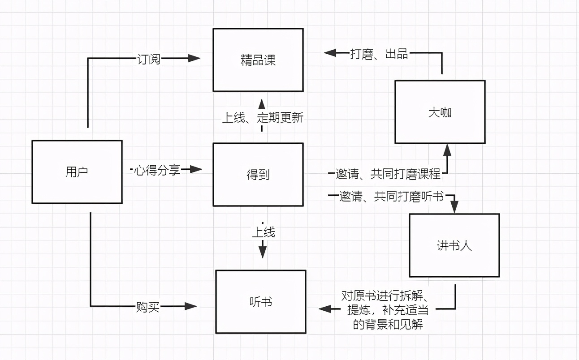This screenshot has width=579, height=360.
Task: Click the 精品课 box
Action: [258, 60]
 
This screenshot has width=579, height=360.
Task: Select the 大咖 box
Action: [440, 112]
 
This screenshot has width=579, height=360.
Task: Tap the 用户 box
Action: [77, 172]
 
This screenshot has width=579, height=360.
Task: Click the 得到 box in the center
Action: [258, 175]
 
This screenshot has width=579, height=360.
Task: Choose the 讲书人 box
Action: [454, 245]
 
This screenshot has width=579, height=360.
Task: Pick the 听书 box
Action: [260, 302]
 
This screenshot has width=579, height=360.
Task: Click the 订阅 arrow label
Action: [148, 59]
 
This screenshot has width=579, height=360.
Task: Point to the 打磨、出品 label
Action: [379, 54]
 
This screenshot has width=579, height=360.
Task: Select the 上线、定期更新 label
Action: [263, 118]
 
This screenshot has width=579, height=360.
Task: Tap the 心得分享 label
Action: [157, 170]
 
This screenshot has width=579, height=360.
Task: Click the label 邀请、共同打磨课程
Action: [388, 174]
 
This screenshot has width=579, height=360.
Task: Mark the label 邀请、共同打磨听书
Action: [391, 196]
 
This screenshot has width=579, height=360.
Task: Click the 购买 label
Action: [148, 307]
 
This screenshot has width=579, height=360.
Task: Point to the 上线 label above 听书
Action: [263, 232]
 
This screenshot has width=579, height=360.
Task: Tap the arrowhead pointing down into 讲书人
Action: [454, 207]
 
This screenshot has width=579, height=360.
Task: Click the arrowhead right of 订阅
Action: [194, 58]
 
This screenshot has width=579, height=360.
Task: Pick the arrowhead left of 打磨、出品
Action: [330, 53]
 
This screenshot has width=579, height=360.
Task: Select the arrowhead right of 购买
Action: [191, 306]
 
